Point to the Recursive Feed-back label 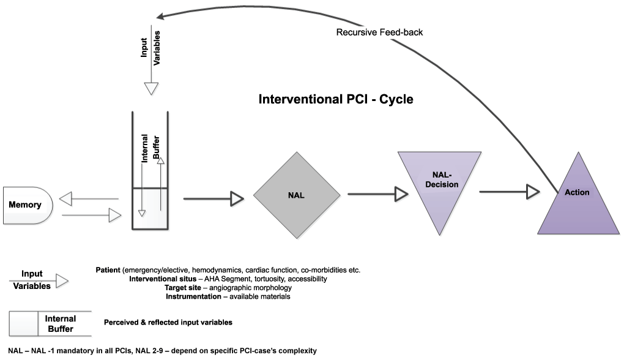(x=379, y=32)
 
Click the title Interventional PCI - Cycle (x=336, y=99)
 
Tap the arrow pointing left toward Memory (x=92, y=199)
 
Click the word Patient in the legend (x=108, y=270)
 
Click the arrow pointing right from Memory (x=92, y=215)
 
